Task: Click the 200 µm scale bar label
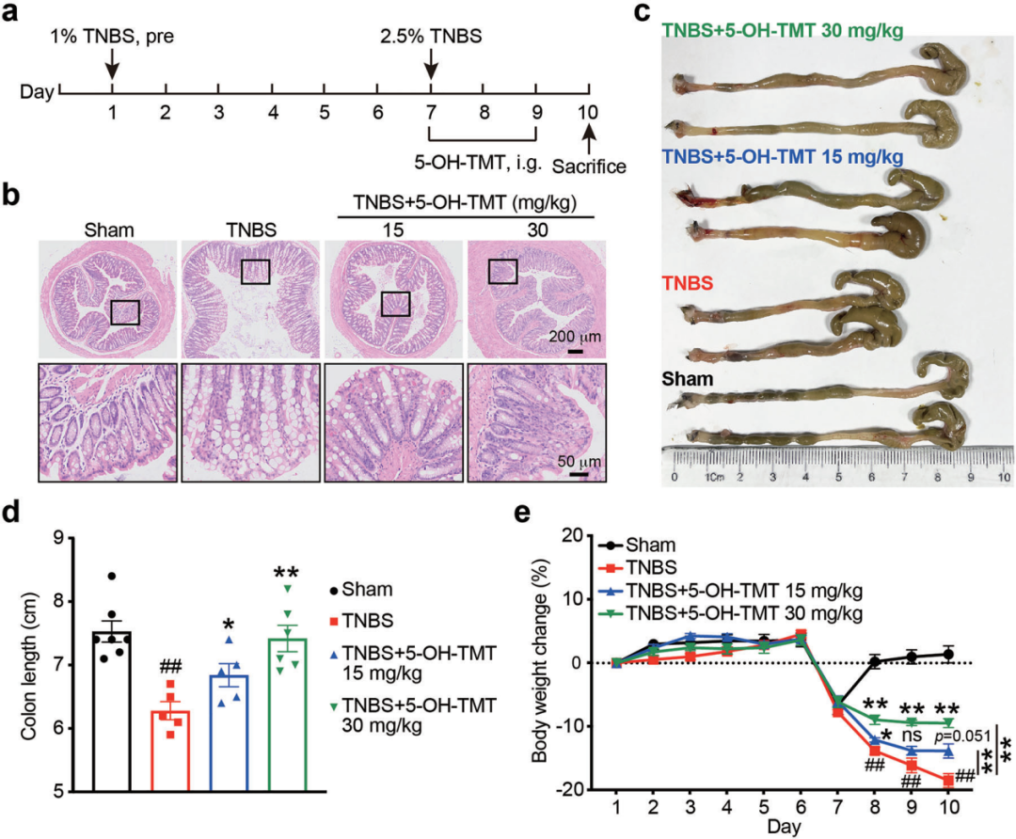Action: (x=573, y=336)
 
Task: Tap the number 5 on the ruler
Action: (x=839, y=478)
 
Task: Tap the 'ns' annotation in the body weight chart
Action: (x=911, y=736)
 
